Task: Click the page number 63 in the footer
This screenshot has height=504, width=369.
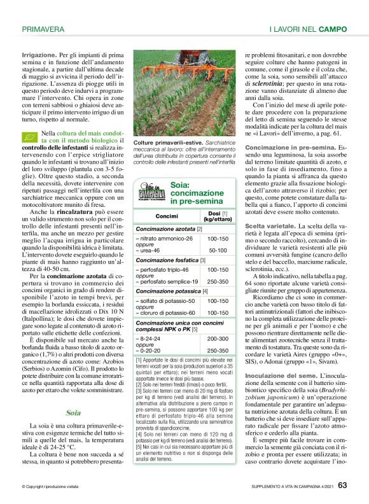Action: coord(342,485)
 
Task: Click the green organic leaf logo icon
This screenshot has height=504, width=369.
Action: coord(29,138)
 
